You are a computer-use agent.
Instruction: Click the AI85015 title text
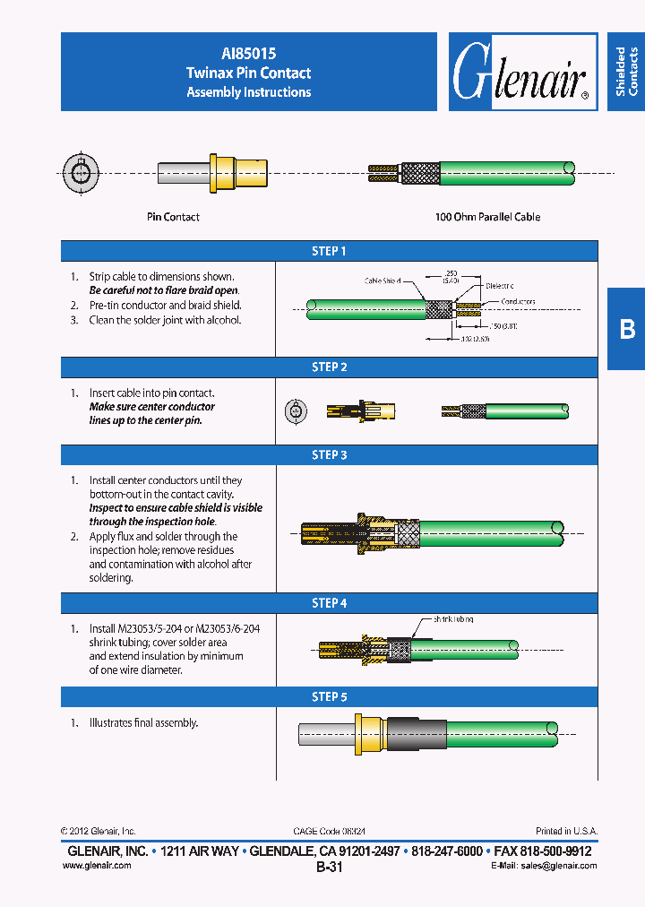pos(249,54)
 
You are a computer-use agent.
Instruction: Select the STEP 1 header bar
pos(329,252)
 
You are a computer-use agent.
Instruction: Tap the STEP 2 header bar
pos(329,367)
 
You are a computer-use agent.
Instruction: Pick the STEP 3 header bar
pos(329,455)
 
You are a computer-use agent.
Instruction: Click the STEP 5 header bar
pos(329,696)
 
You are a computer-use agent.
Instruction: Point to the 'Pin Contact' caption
pos(173,217)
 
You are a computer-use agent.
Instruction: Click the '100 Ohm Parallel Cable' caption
pos(487,217)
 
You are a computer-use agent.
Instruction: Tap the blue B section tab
pos(626,329)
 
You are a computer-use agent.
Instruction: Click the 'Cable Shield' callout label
pos(383,281)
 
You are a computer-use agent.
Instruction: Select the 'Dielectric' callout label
pos(500,286)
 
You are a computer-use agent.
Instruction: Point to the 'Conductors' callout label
pos(518,302)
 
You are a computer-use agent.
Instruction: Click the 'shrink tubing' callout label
pos(453,619)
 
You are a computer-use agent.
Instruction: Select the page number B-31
pos(329,868)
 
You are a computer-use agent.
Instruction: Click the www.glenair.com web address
pos(97,866)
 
